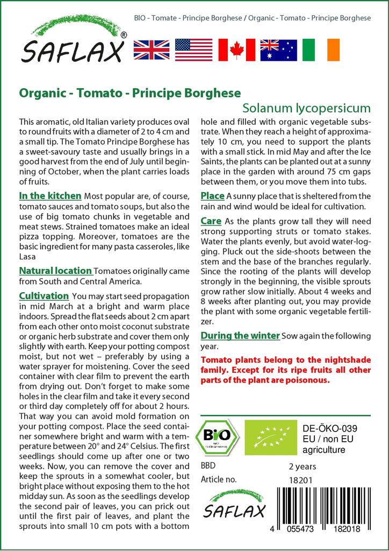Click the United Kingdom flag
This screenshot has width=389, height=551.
point(152,50)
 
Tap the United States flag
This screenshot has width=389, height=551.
point(194,50)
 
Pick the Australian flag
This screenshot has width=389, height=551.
point(278,50)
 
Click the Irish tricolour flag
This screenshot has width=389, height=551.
point(321,50)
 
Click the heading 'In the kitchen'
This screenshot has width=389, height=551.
point(50,196)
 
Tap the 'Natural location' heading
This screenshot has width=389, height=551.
point(55,271)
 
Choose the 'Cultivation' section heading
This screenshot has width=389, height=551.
point(44,295)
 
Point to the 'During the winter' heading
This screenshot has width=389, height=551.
point(240,336)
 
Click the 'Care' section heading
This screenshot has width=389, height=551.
point(211,221)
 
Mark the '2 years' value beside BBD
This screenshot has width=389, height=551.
point(302,466)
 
